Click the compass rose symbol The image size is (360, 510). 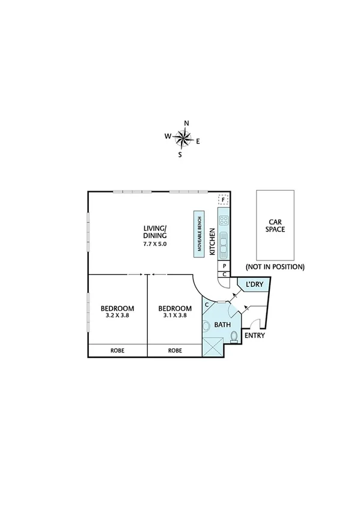[183, 140]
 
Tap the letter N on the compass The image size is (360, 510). [186, 123]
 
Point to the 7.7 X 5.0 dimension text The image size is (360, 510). [154, 244]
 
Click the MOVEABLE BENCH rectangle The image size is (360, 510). [198, 235]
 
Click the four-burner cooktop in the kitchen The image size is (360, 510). [224, 220]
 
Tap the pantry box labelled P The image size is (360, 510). [224, 265]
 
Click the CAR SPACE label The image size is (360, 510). [276, 226]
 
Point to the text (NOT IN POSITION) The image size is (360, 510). [275, 266]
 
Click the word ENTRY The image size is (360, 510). [254, 336]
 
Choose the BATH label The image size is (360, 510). [223, 325]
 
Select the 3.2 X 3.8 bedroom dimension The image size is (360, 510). [117, 315]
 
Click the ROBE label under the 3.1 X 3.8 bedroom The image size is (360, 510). [175, 349]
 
